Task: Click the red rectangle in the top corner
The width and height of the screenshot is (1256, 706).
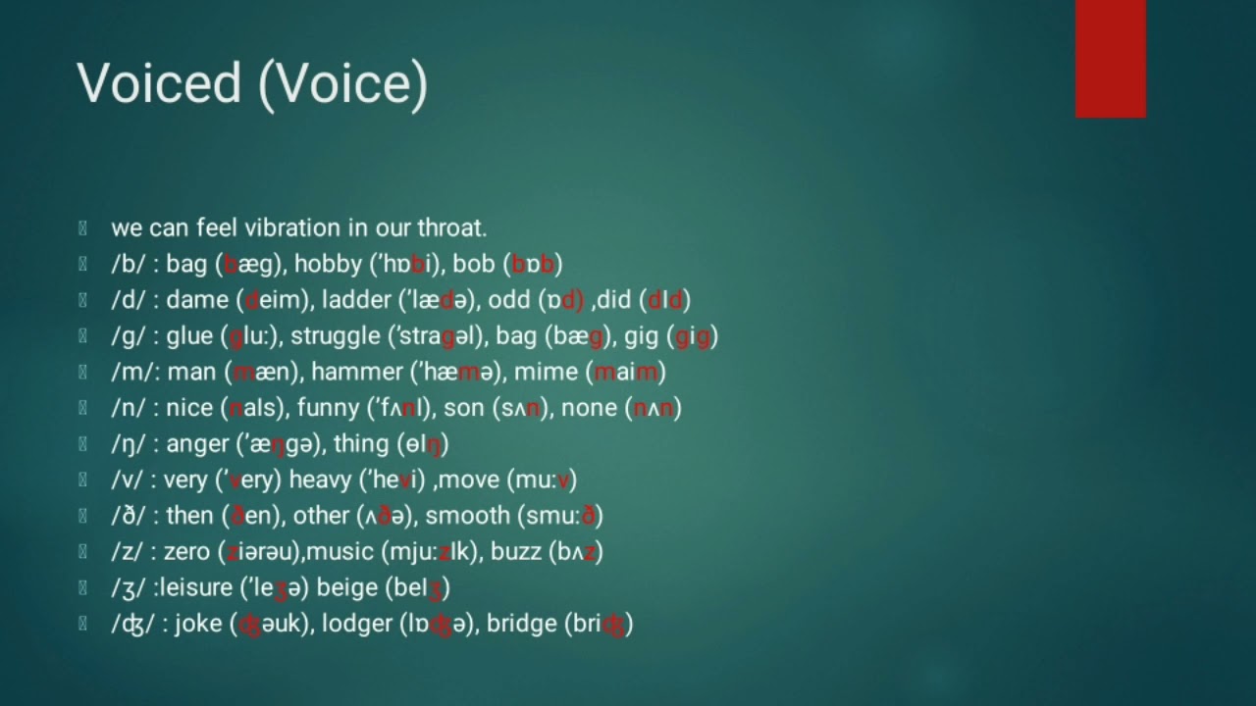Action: (1110, 58)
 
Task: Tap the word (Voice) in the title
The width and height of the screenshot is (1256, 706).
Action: (342, 82)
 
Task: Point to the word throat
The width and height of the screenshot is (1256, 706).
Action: (452, 227)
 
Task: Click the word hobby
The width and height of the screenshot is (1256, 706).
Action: (328, 264)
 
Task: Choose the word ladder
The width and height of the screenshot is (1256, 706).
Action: (355, 300)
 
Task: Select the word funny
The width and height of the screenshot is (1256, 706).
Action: (328, 408)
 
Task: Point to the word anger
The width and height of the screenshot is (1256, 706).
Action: (196, 444)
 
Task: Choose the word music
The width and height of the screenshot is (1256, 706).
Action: (340, 552)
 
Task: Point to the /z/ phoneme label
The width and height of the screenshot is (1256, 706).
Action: (129, 552)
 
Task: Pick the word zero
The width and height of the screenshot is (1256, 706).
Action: (186, 552)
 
